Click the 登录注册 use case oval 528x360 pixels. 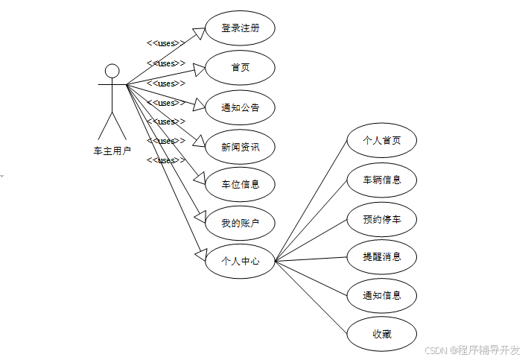pos(240,29)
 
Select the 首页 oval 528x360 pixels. pos(240,68)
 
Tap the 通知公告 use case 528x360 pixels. pos(240,107)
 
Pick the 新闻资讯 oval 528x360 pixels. pos(240,146)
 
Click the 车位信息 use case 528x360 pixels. pos(240,184)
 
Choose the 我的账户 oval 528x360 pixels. pos(240,223)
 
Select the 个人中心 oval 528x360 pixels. pos(240,262)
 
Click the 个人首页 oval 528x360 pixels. pos(381,140)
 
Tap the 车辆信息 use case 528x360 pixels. pos(381,180)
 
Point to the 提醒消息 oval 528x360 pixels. pos(381,256)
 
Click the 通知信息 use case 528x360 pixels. pos(381,295)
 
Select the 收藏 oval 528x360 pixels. pos(381,334)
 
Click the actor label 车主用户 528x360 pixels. pos(112,151)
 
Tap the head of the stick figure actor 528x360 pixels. pos(112,71)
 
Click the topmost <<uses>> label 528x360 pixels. pos(165,43)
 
